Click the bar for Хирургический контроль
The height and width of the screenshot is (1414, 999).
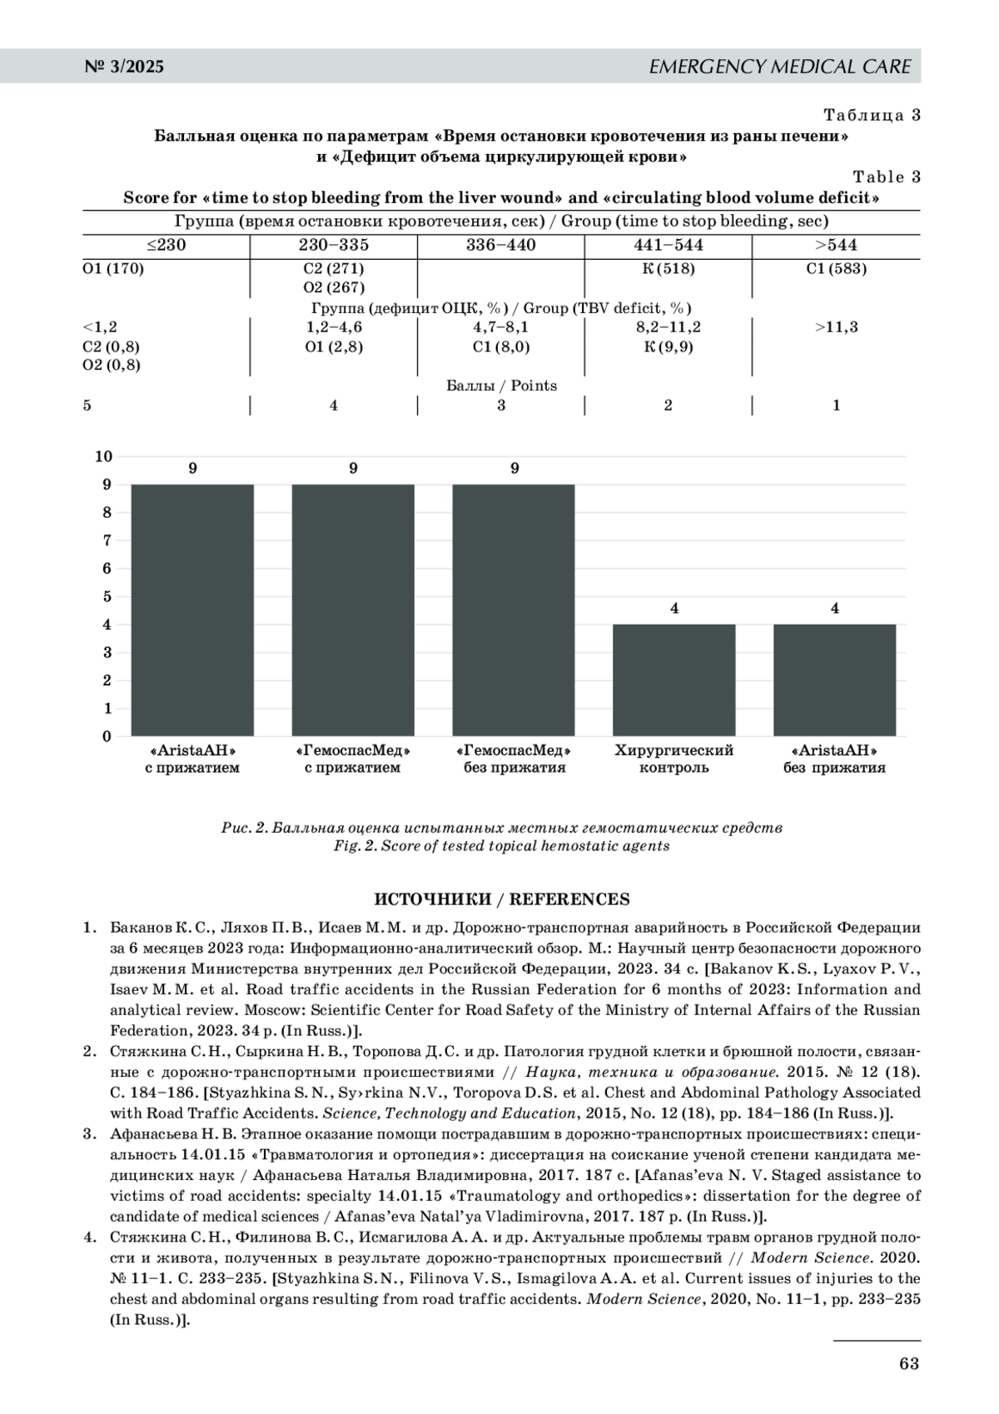pyautogui.click(x=674, y=680)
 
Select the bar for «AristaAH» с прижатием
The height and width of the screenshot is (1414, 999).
pyautogui.click(x=192, y=610)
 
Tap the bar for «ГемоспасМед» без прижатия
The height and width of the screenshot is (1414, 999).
pyautogui.click(x=514, y=610)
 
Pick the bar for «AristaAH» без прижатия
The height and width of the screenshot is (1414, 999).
pyautogui.click(x=835, y=680)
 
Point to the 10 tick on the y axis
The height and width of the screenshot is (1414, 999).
pyautogui.click(x=103, y=456)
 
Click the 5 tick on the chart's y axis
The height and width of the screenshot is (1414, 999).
pyautogui.click(x=107, y=596)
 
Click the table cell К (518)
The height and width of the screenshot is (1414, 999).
pyautogui.click(x=668, y=269)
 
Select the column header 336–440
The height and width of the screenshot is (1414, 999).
pyautogui.click(x=501, y=246)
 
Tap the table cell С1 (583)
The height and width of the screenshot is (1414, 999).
pyautogui.click(x=836, y=269)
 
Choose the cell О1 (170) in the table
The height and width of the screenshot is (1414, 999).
pyautogui.click(x=113, y=269)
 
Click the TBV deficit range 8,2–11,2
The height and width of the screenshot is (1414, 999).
pyautogui.click(x=668, y=327)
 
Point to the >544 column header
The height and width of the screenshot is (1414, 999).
pyautogui.click(x=836, y=246)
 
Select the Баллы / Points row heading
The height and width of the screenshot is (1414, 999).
pyautogui.click(x=501, y=386)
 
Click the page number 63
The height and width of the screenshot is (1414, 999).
pyautogui.click(x=909, y=1363)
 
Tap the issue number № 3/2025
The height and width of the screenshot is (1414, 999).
pyautogui.click(x=125, y=67)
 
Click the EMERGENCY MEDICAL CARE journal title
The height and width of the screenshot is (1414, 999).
pyautogui.click(x=780, y=67)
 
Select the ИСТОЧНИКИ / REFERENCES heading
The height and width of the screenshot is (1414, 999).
pyautogui.click(x=501, y=899)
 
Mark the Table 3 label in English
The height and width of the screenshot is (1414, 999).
pyautogui.click(x=887, y=177)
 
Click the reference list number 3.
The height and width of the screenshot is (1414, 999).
pyautogui.click(x=88, y=1134)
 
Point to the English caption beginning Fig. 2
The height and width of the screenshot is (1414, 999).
pyautogui.click(x=501, y=846)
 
